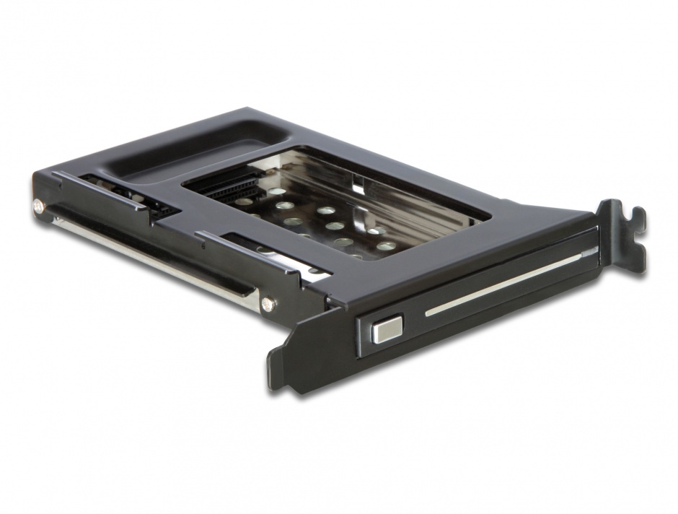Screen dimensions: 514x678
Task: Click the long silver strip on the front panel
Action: click(x=505, y=283)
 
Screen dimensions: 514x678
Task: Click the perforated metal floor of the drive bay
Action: click(x=325, y=224)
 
